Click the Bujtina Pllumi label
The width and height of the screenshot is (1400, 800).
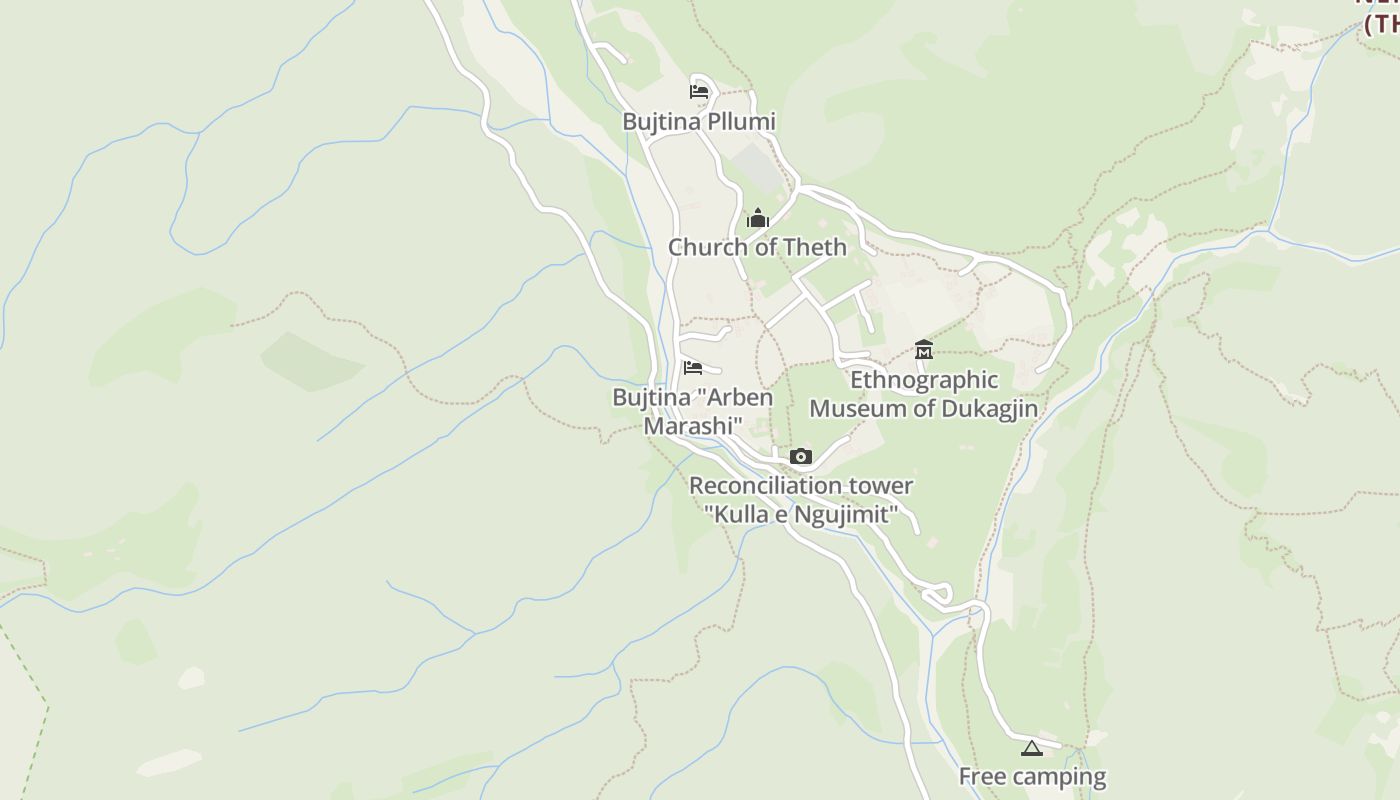pos(699,121)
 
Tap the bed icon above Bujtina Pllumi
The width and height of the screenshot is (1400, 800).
pos(699,92)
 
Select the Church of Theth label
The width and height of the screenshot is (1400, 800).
pos(757,247)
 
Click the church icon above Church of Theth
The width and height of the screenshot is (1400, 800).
pos(757,218)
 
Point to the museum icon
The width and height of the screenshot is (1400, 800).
pos(924,350)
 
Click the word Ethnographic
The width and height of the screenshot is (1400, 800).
pos(924,380)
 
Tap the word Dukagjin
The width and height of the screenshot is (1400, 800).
pos(985,409)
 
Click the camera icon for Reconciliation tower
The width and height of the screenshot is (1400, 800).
pos(800,457)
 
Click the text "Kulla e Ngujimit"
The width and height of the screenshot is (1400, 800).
pos(800,515)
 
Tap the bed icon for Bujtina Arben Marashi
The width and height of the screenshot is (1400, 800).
pos(692,368)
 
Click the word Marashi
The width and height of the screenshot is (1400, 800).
pos(693,426)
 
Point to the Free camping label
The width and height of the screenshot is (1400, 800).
pos(1032,776)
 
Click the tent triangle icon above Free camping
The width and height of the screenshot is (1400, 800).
pos(1032,748)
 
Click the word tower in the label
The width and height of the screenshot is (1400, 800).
pos(881,486)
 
